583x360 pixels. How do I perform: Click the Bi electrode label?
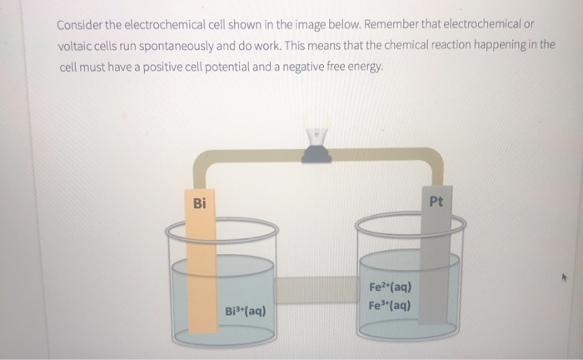198,203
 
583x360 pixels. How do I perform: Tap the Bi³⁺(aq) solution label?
246,311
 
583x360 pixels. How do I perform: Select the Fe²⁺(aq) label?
387,288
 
